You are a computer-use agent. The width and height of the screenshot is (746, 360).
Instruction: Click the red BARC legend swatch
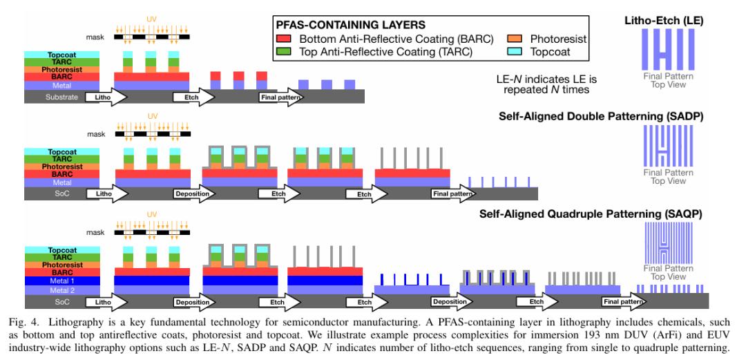[x=283, y=39]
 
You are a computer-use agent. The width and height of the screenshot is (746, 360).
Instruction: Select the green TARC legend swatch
[x=283, y=52]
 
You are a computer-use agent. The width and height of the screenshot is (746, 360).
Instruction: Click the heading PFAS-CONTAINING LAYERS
[x=351, y=24]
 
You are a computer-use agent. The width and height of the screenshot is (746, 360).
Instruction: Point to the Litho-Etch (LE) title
[x=664, y=21]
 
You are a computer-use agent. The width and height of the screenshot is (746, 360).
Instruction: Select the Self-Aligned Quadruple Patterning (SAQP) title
[x=591, y=214]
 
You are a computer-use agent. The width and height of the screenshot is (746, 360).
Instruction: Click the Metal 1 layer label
[x=62, y=281]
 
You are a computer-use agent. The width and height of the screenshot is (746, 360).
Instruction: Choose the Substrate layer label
[x=62, y=97]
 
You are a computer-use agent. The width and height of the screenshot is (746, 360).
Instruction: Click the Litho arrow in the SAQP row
[x=107, y=302]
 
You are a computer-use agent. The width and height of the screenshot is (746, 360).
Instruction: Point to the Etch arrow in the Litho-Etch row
[x=193, y=97]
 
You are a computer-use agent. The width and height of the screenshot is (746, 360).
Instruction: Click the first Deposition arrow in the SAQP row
[x=193, y=302]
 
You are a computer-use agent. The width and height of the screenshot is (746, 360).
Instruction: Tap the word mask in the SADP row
[x=95, y=134]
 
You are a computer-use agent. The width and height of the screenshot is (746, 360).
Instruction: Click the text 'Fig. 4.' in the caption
[x=23, y=323]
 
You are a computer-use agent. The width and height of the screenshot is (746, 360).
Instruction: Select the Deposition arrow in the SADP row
[x=193, y=193]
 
